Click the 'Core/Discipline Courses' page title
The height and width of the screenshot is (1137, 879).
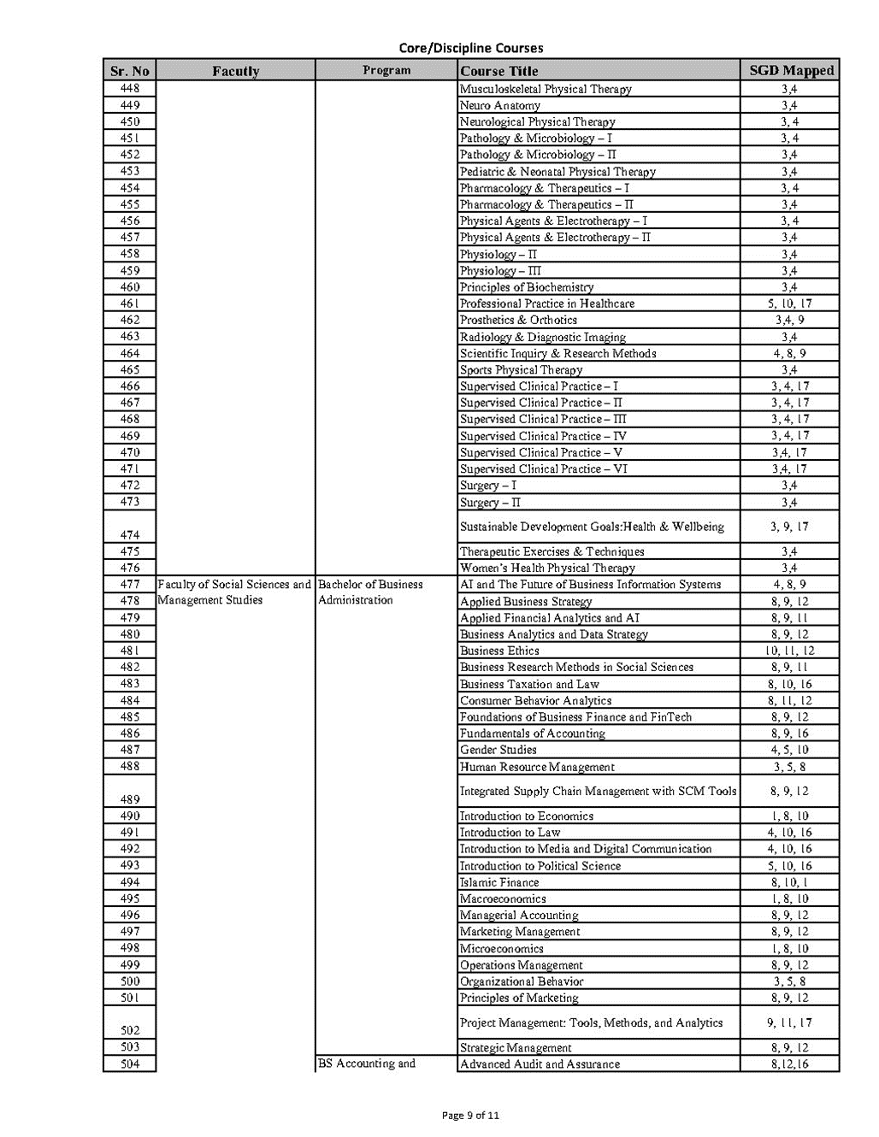470,48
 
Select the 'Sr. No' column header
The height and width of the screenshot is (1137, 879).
130,71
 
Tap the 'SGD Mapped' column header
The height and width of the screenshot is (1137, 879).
790,71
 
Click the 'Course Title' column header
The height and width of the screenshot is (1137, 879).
499,71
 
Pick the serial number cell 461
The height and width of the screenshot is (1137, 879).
130,303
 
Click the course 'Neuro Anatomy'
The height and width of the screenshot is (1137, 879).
500,105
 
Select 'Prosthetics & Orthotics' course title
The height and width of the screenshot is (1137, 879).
518,320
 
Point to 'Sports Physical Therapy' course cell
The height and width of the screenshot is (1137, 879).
521,370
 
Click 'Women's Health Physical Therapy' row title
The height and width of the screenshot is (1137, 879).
547,568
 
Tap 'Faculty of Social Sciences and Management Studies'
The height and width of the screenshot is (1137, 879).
234,592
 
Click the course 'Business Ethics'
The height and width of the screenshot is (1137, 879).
499,651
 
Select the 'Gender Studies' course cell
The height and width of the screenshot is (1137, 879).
498,750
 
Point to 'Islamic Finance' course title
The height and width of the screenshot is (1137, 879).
499,882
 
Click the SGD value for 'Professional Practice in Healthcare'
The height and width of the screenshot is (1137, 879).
790,303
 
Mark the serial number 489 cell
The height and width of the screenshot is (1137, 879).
130,799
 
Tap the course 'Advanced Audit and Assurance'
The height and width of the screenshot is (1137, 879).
540,1064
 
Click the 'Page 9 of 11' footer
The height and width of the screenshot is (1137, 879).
470,1115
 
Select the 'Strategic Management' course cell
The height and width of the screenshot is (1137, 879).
516,1047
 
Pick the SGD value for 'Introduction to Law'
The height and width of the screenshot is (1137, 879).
790,833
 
